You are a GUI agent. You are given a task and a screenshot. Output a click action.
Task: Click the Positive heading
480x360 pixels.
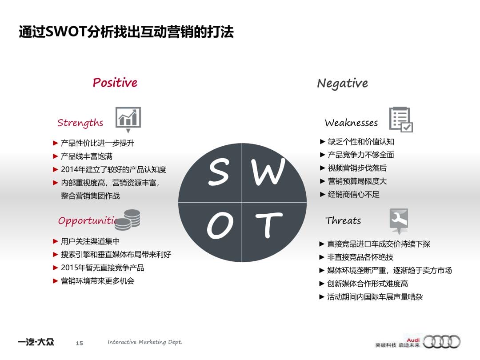(115, 83)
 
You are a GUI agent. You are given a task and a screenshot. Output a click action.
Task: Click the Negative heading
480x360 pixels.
(343, 83)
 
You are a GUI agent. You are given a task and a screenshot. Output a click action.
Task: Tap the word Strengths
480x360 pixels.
(80, 123)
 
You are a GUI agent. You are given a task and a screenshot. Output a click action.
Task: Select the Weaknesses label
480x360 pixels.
(352, 123)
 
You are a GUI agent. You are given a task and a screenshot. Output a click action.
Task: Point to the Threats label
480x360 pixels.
(343, 220)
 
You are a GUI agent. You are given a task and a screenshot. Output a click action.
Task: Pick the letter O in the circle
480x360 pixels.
(220, 225)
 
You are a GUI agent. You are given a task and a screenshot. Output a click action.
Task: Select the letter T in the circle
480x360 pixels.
(268, 225)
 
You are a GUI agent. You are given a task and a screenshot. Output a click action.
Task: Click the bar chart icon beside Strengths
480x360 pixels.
(128, 119)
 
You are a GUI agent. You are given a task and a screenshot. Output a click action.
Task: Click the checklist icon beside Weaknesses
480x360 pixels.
(401, 120)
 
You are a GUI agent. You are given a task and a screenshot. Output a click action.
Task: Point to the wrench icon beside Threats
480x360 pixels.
(399, 220)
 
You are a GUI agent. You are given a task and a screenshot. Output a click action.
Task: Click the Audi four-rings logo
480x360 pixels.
(441, 342)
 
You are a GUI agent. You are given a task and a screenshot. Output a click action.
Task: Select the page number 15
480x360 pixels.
(79, 343)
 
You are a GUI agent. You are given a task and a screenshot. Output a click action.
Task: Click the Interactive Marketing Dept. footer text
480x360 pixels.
(145, 342)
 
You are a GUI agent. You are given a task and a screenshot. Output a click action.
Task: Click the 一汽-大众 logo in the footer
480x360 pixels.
(36, 342)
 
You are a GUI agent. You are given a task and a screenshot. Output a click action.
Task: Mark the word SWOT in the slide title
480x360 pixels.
(66, 32)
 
